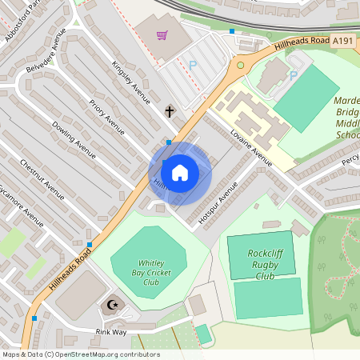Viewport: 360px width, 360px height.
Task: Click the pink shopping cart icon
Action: pos(162,35)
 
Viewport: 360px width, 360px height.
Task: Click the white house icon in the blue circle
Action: pos(180,173)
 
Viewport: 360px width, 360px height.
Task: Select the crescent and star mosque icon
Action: pos(113,304)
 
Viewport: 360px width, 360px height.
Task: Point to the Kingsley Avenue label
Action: pos(131,82)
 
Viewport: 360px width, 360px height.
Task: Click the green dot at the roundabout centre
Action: pos(240,66)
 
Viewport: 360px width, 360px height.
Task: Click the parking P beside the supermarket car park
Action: pos(192,64)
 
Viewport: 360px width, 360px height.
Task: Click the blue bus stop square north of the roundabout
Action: pos(232,31)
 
